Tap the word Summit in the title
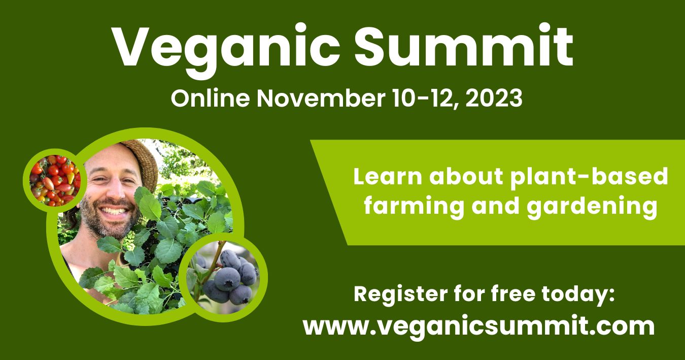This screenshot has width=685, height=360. [x=464, y=45]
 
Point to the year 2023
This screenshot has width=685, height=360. [x=494, y=98]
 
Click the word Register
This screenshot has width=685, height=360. [x=401, y=295]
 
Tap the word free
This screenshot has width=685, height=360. [x=513, y=293]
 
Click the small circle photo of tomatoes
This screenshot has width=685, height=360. [x=55, y=180]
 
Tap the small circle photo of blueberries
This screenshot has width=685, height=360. [x=223, y=278]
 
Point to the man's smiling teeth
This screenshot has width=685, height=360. [x=114, y=211]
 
